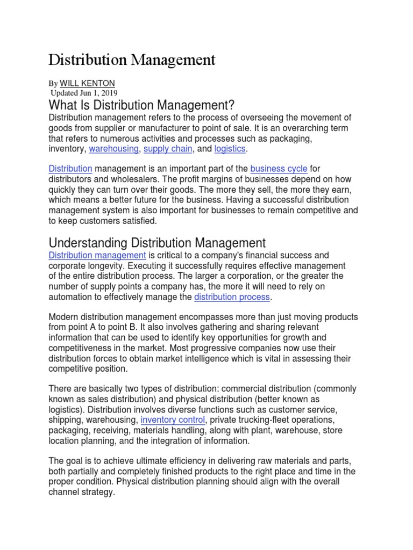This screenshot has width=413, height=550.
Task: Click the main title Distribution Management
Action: [x=132, y=59]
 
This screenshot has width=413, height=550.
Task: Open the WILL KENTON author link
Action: [x=87, y=83]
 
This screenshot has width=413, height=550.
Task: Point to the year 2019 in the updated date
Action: [x=108, y=93]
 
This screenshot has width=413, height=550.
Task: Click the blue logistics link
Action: [x=230, y=149]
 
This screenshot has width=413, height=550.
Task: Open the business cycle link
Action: [x=279, y=169]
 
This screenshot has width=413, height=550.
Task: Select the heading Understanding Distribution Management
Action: [x=157, y=243]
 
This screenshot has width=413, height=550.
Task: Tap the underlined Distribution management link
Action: [x=97, y=256]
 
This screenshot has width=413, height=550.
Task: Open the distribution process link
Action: [x=232, y=297]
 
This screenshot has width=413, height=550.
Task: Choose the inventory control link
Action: [x=173, y=420]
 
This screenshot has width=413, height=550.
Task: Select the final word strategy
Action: [x=97, y=492]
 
